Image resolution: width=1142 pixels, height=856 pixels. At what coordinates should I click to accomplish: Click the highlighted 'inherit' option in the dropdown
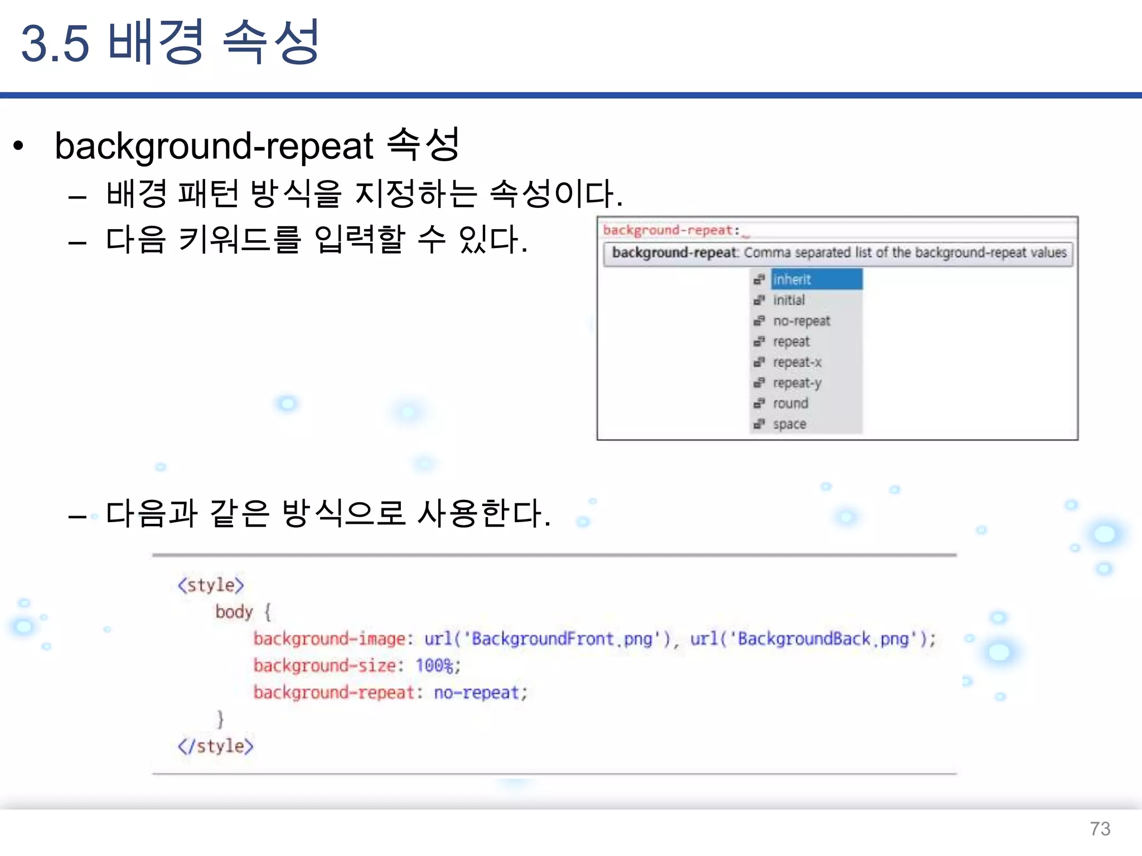tap(792, 279)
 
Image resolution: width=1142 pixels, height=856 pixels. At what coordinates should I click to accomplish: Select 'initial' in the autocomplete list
tap(788, 300)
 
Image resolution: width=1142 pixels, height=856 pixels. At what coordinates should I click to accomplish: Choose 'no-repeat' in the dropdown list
tap(801, 321)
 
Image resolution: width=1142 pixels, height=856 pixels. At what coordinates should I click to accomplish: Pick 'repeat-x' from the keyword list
tap(797, 362)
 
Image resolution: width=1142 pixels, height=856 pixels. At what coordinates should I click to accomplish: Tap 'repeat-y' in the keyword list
tap(797, 383)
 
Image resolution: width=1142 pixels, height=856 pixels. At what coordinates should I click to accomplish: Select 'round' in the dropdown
tap(790, 403)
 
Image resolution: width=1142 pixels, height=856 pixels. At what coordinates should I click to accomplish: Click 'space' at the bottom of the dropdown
tap(790, 424)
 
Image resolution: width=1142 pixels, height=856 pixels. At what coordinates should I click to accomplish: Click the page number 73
tap(1100, 829)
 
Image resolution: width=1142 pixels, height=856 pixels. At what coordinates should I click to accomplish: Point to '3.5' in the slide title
tap(55, 43)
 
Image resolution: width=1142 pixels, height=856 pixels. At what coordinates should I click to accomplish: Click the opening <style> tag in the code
tap(211, 585)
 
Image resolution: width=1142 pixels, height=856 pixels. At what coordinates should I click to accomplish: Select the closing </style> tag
tap(215, 746)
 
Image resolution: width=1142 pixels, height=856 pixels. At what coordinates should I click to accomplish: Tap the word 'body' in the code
tap(234, 612)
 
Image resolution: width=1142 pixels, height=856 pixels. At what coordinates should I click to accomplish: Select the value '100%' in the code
tap(434, 665)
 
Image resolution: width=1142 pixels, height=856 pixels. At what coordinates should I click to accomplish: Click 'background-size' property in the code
tap(325, 665)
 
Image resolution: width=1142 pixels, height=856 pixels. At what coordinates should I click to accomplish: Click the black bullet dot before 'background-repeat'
tap(19, 146)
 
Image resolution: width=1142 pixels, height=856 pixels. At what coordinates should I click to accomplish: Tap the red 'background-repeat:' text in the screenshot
tap(671, 230)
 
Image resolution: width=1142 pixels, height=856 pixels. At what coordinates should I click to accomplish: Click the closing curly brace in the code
tap(221, 719)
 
